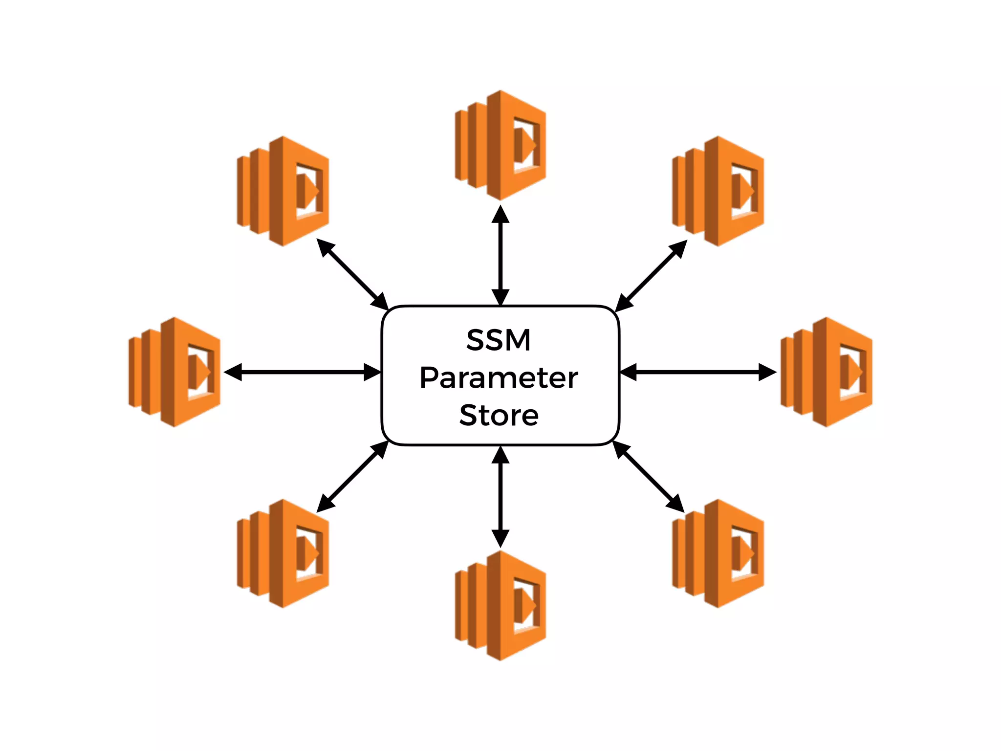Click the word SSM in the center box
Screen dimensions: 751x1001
click(499, 340)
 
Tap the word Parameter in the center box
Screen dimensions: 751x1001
click(499, 378)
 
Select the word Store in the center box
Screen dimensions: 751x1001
click(499, 416)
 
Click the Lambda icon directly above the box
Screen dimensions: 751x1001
click(500, 145)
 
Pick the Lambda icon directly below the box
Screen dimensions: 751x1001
click(500, 605)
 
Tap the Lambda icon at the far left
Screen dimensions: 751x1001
click(174, 372)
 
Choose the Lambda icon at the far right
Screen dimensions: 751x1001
click(827, 372)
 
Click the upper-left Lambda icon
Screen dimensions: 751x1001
click(283, 191)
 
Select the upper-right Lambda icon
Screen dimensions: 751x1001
click(718, 191)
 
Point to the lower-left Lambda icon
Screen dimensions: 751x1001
click(283, 553)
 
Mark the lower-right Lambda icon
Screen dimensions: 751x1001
click(718, 553)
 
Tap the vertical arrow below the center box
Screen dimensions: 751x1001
click(500, 497)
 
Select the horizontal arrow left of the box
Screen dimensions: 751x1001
click(302, 372)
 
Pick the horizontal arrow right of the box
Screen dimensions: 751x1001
click(698, 372)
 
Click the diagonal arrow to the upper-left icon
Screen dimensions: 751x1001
click(352, 274)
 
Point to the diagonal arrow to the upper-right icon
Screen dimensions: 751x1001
click(651, 276)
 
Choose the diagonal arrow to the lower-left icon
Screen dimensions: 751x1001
click(352, 477)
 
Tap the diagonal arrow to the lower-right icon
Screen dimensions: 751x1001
click(649, 477)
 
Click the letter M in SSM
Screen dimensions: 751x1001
click(517, 340)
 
